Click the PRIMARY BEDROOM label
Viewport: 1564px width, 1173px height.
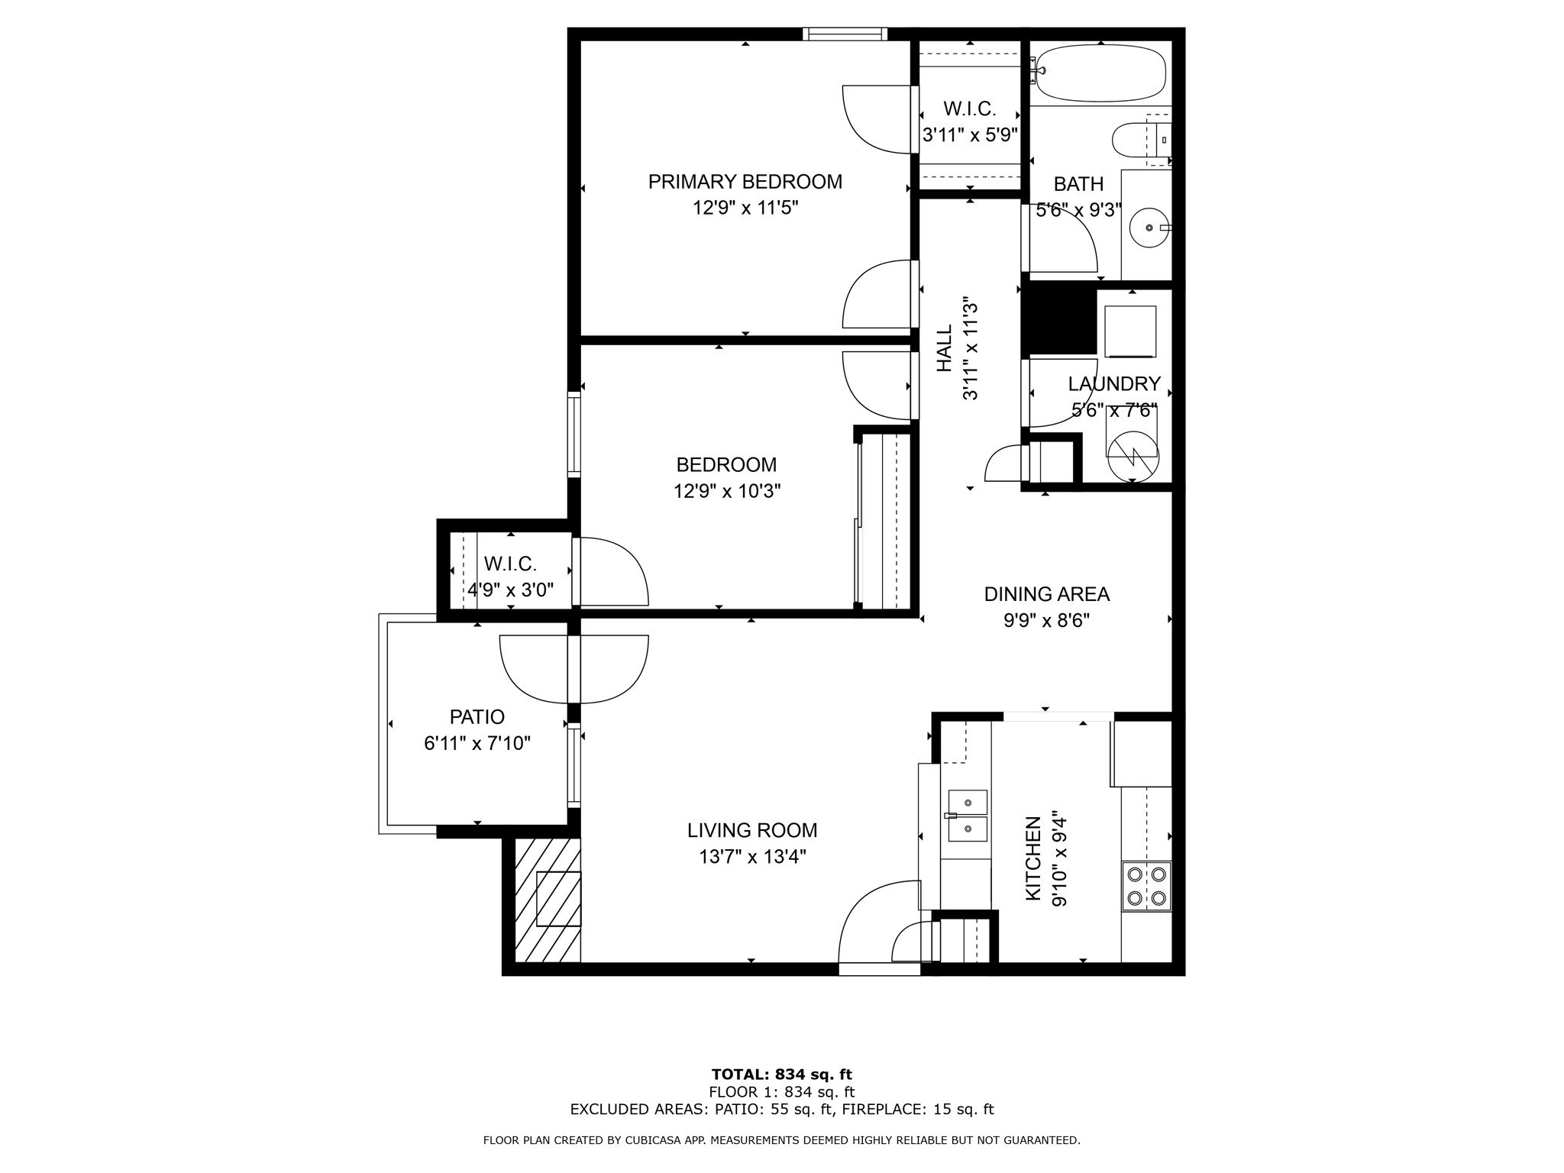(745, 182)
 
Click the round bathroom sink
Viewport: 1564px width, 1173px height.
(1149, 228)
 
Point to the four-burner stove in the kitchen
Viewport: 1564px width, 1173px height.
(1146, 886)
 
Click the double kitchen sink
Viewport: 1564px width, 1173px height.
(967, 815)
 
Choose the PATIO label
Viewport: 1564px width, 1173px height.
(477, 717)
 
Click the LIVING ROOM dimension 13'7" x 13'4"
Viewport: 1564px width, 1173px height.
(752, 857)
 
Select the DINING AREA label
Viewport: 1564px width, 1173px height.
(1046, 594)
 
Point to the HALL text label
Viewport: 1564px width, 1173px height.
(945, 349)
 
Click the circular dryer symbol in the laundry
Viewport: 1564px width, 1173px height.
(1133, 456)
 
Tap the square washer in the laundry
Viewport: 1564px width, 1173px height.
(1131, 331)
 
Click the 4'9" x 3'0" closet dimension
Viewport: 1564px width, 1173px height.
(510, 590)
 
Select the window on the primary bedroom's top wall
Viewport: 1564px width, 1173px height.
(845, 34)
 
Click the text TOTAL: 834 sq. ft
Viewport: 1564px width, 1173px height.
(782, 1075)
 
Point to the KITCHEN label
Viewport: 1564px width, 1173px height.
(1032, 858)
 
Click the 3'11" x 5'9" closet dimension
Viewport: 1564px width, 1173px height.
(970, 135)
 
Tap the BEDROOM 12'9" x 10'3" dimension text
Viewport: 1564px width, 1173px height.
(727, 491)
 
